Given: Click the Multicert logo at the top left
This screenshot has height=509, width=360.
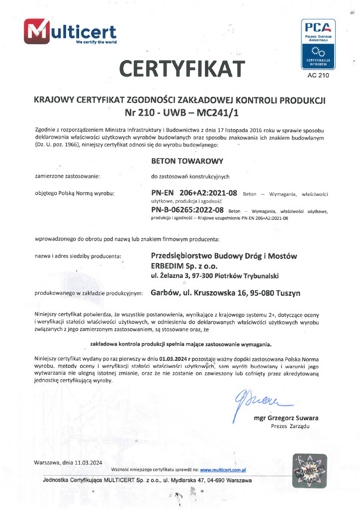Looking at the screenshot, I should point(70,32).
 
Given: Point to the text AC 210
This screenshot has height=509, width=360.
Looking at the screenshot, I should point(318,76).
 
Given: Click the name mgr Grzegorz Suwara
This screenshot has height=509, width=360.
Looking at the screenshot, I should point(286,418).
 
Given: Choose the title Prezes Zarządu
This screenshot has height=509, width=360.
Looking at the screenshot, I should point(290,426).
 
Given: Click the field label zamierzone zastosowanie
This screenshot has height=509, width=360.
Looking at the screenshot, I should point(67,176).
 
